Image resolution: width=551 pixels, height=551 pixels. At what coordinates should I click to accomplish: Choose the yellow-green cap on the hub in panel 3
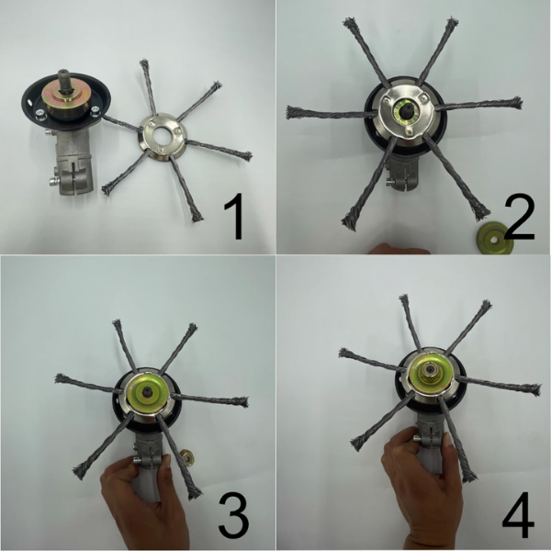click(145, 395)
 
